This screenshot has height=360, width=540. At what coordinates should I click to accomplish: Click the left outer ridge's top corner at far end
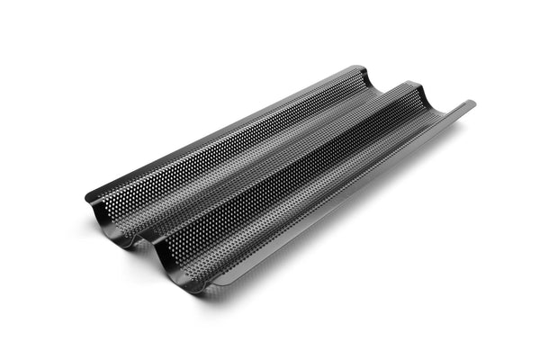click(360, 67)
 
